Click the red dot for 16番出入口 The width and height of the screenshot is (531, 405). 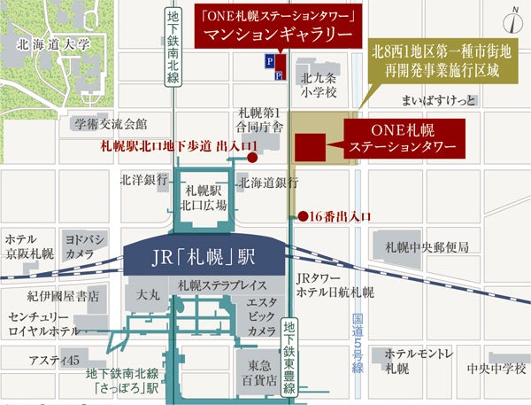(x=302, y=215)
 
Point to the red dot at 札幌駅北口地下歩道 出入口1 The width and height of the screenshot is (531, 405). (x=253, y=159)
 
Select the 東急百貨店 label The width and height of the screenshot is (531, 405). (x=258, y=370)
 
